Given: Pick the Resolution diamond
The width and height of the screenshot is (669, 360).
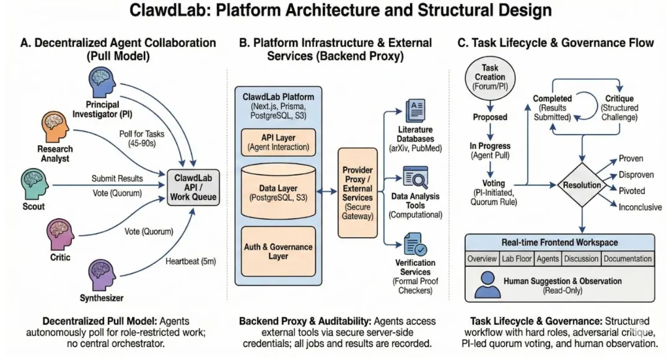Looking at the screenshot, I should [582, 185].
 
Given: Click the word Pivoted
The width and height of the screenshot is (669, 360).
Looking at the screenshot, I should [632, 191].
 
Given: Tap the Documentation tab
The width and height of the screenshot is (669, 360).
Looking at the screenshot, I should [627, 258].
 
